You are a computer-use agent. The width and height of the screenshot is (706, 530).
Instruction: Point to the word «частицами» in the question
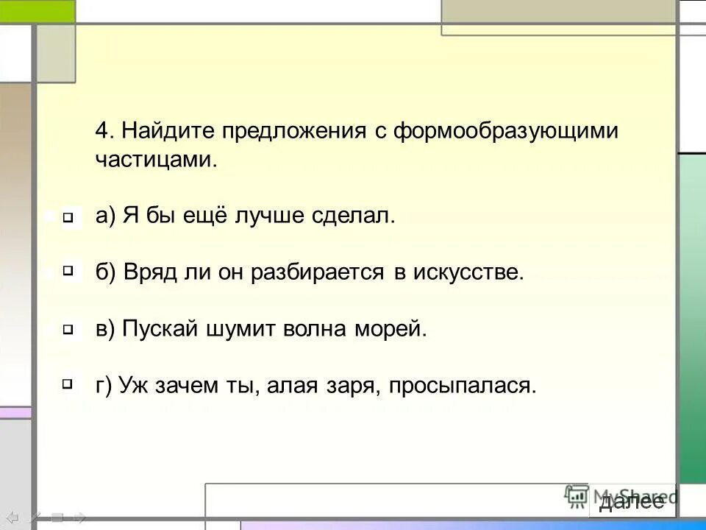pos(156,160)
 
